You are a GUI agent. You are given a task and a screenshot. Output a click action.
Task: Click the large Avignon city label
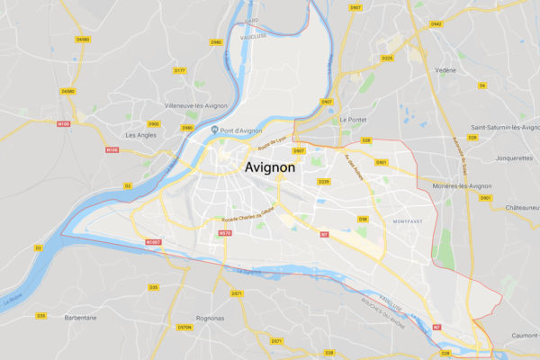pyautogui.click(x=282, y=167)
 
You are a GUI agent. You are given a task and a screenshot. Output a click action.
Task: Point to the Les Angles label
pyautogui.click(x=140, y=135)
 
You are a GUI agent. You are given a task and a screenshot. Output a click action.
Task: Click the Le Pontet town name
pyautogui.click(x=355, y=119)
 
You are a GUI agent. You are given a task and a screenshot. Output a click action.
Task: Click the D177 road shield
pyautogui.click(x=179, y=70)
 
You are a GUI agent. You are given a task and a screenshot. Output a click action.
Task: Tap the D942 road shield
pyautogui.click(x=436, y=24)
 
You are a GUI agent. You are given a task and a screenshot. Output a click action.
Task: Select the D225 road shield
pyautogui.click(x=388, y=58)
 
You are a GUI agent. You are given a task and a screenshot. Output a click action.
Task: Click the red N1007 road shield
pyautogui.click(x=153, y=242)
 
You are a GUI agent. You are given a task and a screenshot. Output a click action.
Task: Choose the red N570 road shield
pyautogui.click(x=225, y=233)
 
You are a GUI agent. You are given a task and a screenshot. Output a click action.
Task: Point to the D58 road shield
pyautogui.click(x=364, y=219)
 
